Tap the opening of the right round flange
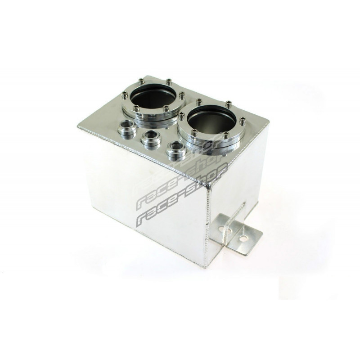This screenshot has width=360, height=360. pos(211,119)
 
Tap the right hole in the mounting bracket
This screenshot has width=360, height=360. pos(242,239)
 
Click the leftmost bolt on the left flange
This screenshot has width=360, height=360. pos(125,94)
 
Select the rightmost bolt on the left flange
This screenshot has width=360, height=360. pos(182,94)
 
